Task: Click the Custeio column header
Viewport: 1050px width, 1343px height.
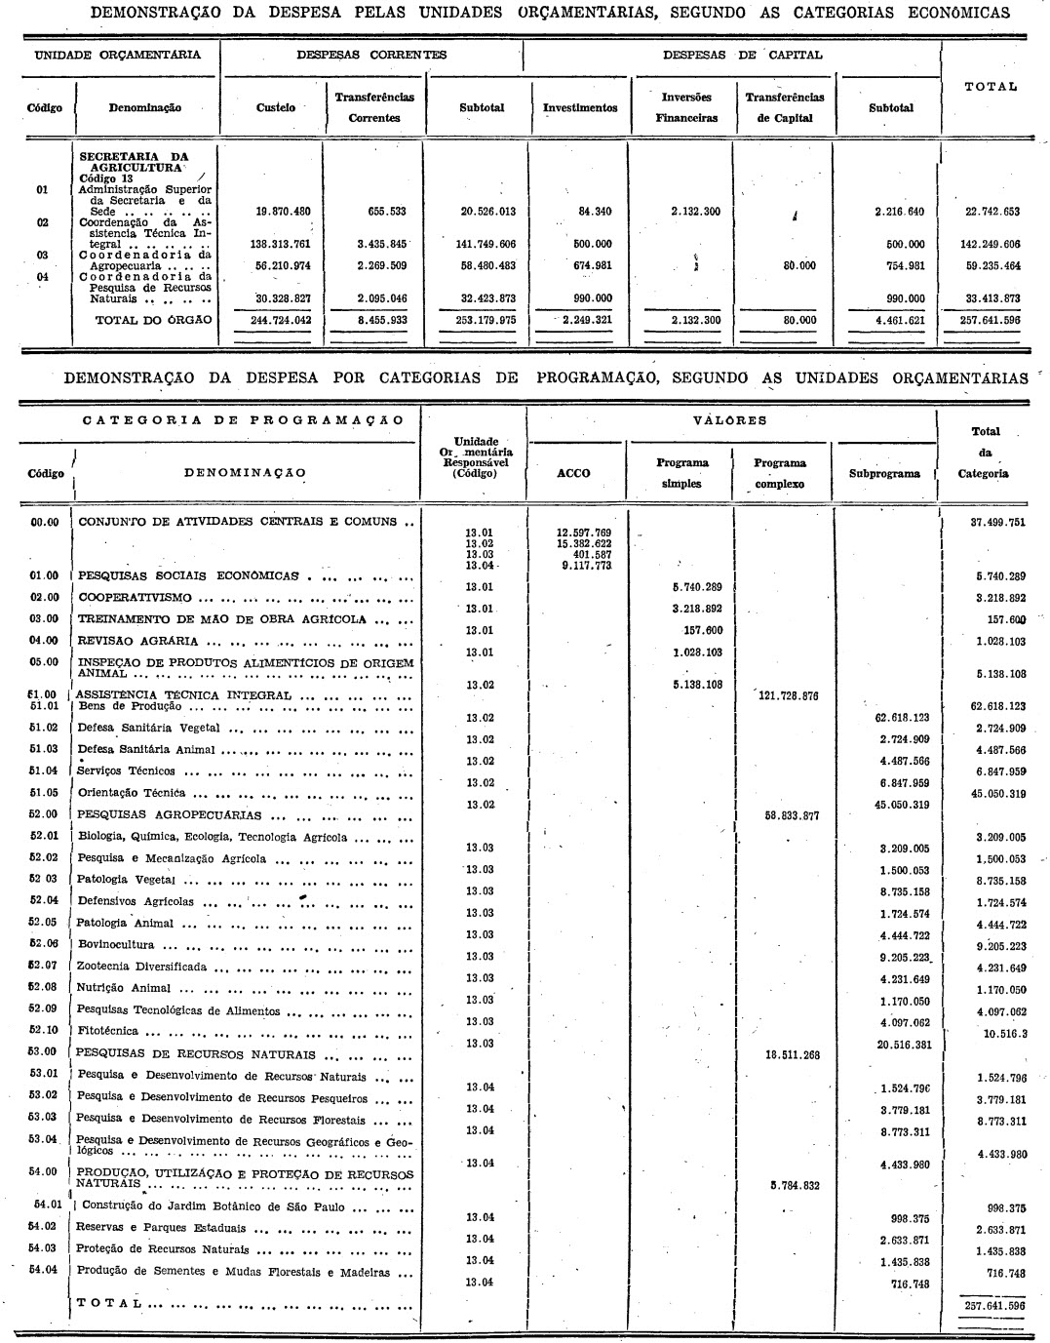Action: (x=275, y=107)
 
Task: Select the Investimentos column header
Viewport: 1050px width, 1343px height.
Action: (x=580, y=107)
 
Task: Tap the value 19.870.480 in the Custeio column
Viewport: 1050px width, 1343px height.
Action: (x=268, y=211)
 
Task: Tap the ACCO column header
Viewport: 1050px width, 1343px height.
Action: (x=573, y=473)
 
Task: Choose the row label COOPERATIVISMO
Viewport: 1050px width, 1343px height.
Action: (x=136, y=597)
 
